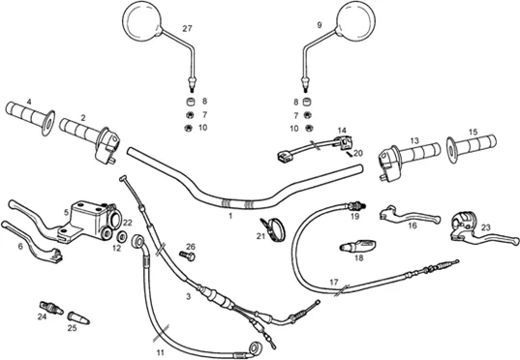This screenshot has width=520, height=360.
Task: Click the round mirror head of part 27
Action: tap(142, 21)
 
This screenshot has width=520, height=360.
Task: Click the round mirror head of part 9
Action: tap(355, 18)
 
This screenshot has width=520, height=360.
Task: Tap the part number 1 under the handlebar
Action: tap(230, 216)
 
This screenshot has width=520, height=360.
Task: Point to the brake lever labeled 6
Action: tap(32, 241)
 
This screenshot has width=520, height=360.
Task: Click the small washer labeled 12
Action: tap(122, 237)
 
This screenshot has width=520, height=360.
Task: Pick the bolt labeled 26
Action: tap(187, 255)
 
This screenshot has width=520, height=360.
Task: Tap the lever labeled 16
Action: tap(410, 215)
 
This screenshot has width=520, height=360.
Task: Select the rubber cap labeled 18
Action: tap(357, 246)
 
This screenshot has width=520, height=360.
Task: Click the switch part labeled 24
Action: tap(51, 308)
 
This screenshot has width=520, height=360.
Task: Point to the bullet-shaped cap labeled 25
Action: tap(78, 317)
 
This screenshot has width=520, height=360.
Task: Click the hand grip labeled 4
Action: tap(30, 117)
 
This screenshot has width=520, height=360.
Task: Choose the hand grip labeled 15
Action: tap(472, 147)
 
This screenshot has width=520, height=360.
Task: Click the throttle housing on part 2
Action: tap(107, 146)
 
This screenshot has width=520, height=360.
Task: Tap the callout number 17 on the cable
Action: tap(334, 283)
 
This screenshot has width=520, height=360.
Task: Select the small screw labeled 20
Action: tap(350, 155)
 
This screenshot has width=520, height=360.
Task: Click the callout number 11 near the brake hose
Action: tap(161, 352)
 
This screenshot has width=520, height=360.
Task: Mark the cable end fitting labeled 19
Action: tap(356, 206)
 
